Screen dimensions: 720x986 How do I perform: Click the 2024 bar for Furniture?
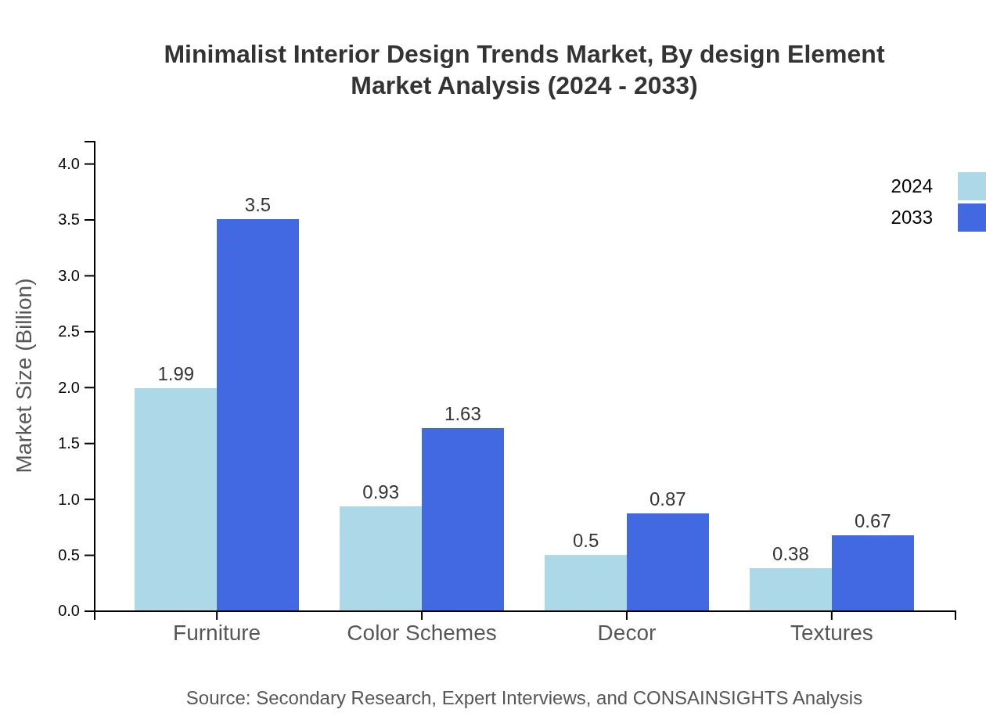coord(175,499)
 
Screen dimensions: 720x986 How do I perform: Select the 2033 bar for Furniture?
coord(257,415)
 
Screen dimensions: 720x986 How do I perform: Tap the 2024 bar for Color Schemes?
coord(380,559)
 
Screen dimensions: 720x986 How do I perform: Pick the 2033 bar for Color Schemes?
coord(462,520)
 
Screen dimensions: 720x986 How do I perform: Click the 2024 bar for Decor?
coord(585,583)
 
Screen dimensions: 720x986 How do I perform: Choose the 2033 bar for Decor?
coord(668,562)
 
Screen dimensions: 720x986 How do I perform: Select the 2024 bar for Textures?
coord(790,589)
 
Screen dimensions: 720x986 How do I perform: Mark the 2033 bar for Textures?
coord(873,573)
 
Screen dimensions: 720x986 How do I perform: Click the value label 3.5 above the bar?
coord(257,205)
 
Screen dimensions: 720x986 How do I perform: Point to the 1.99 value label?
coord(175,374)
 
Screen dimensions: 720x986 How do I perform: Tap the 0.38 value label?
coord(790,554)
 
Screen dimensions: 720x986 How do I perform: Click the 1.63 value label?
coord(462,414)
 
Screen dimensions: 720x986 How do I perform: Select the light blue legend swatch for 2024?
coord(971,186)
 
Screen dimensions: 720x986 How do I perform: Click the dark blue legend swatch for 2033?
coord(971,218)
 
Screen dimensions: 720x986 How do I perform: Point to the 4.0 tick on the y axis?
coord(69,164)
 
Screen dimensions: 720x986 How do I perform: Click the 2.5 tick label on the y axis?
coord(69,332)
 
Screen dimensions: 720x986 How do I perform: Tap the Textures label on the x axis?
coord(831,632)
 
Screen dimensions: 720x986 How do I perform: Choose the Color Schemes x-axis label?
coord(421,632)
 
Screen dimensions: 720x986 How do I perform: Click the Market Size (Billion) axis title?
coord(24,376)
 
